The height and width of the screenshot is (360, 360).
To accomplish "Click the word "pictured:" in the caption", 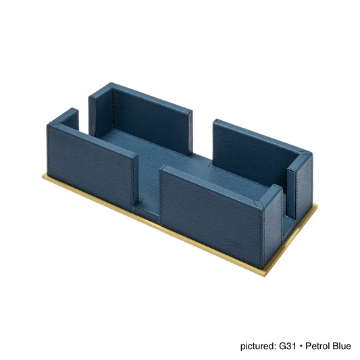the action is (x=258, y=346).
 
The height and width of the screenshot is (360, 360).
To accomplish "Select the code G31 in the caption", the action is (x=287, y=346).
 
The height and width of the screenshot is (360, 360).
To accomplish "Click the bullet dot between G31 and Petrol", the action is (x=301, y=346).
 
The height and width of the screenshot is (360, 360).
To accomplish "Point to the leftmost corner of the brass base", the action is (x=43, y=176).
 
